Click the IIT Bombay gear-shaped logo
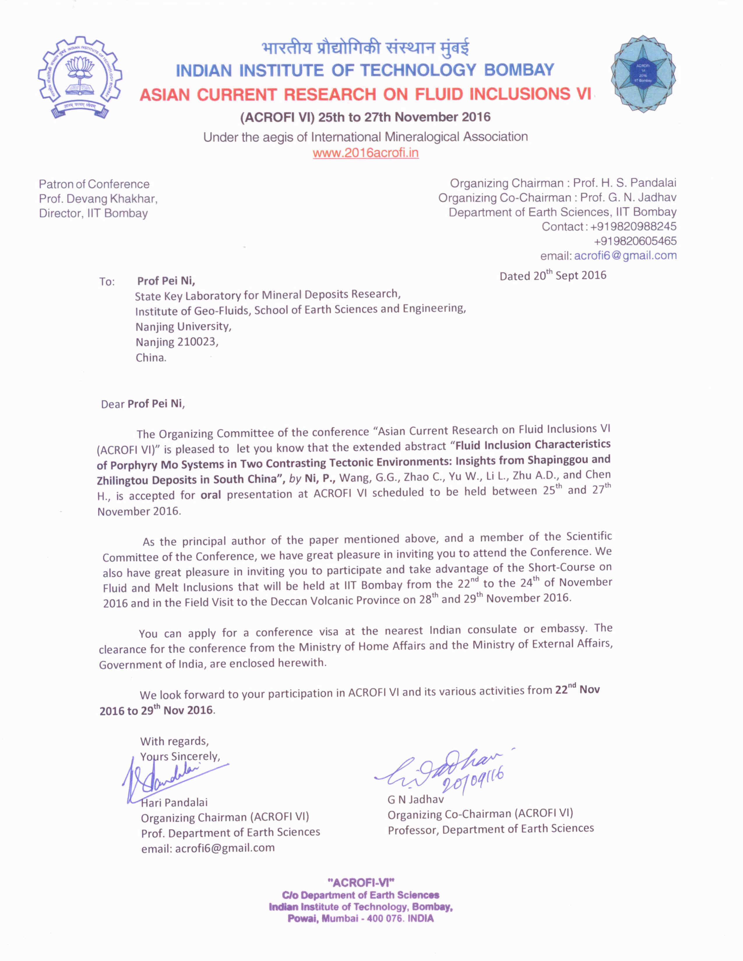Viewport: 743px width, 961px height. pos(79,77)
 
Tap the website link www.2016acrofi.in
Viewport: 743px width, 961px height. pos(365,153)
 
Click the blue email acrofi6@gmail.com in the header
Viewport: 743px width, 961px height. pos(625,256)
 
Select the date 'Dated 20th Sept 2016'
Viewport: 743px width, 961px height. pos(552,275)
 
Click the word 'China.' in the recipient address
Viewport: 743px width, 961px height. pos(151,357)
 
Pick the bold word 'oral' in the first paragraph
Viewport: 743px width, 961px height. pos(210,495)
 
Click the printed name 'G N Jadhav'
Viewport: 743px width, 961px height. pos(415,799)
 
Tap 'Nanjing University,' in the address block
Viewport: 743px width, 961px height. pos(183,326)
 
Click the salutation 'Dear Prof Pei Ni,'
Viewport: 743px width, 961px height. pos(142,404)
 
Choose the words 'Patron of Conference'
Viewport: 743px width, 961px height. pos(94,184)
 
